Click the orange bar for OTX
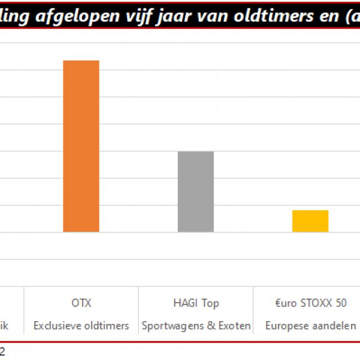tap(81, 146)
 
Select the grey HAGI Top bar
tap(196, 191)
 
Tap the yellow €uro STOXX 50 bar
tap(310, 220)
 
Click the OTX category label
tap(81, 303)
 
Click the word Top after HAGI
tap(210, 303)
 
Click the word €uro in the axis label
tap(285, 303)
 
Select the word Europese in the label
tap(286, 326)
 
